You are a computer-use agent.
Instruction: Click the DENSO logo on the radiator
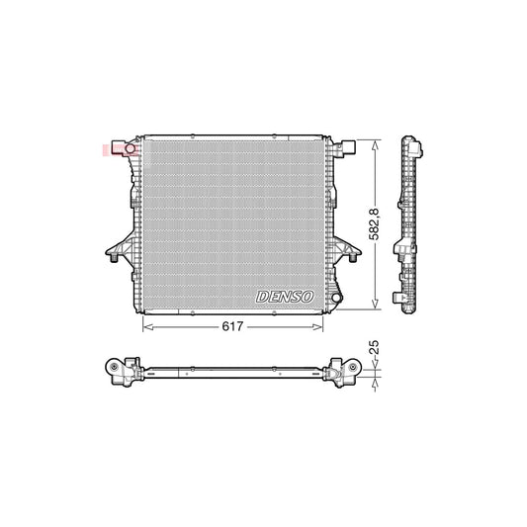pyautogui.click(x=285, y=296)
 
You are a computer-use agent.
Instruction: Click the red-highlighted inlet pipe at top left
pyautogui.click(x=119, y=149)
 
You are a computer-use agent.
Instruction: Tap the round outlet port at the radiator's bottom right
pyautogui.click(x=336, y=296)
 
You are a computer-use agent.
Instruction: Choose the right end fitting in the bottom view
pyautogui.click(x=347, y=370)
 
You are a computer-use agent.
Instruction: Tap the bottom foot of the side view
pyautogui.click(x=406, y=301)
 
